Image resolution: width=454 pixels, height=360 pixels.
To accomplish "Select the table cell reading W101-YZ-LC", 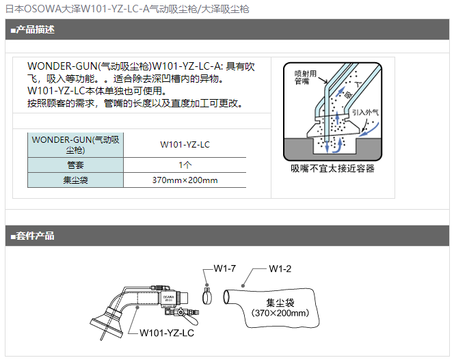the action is coord(185,144).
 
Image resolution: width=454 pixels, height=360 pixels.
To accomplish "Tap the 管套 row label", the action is coord(76,165).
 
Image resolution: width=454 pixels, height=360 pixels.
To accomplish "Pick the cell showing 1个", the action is coord(185,165).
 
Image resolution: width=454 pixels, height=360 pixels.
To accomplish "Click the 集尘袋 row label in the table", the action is coord(76,180).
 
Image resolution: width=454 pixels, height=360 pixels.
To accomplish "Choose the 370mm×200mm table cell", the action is coord(185,180).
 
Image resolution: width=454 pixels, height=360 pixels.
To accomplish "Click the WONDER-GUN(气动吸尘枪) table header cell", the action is coord(76,145).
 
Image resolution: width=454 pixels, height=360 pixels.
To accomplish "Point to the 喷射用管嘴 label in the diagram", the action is coord(306,77).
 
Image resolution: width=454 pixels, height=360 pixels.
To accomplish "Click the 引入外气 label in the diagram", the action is coord(365,112).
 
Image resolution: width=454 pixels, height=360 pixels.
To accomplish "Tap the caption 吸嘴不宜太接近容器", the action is coord(332,169).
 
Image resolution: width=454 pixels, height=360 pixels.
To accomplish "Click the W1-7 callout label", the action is coord(225,268).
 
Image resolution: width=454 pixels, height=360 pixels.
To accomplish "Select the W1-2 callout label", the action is coord(280,268).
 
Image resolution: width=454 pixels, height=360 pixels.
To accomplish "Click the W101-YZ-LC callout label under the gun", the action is coord(166,333).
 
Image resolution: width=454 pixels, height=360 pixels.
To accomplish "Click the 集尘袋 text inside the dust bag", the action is coord(280,303).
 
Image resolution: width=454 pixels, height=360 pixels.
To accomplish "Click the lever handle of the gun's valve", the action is coord(191,320).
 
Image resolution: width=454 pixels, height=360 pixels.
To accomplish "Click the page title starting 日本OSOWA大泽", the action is coord(127,9).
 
